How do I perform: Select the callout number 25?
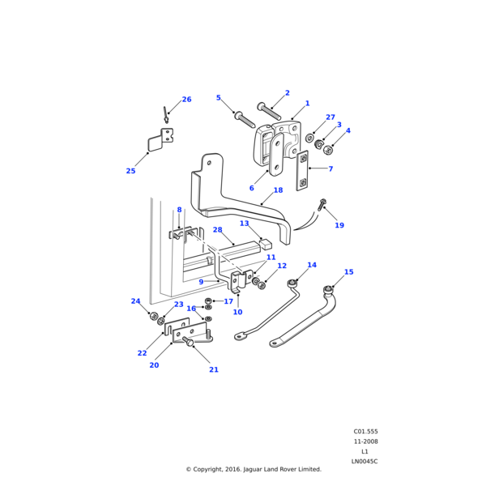point(130,171)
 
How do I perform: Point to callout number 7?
point(330,168)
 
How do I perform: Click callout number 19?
point(339,225)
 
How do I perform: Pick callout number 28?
point(240,230)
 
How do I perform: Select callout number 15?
point(348,272)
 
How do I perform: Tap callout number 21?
point(214,370)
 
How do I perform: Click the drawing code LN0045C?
point(364,461)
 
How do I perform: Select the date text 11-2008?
point(364,441)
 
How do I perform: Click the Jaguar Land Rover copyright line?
point(254,469)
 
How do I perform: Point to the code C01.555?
point(364,432)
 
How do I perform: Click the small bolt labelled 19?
point(322,206)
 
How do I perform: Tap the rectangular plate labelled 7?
point(302,171)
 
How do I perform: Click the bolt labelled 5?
point(244,119)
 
